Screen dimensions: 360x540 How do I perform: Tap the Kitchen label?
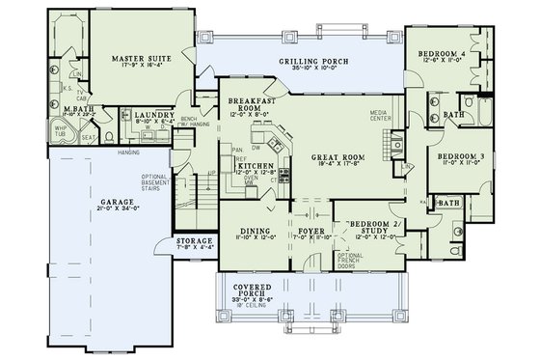pyautogui.click(x=254, y=167)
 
